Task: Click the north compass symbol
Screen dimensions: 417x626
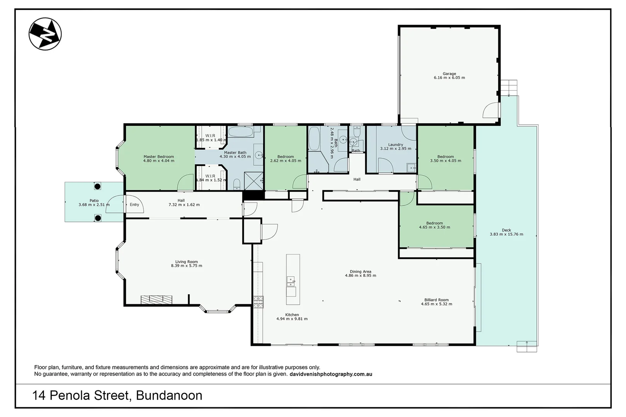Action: pyautogui.click(x=45, y=34)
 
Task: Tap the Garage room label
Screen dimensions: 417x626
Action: pyautogui.click(x=449, y=73)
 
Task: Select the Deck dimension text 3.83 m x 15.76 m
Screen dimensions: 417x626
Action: pyautogui.click(x=506, y=234)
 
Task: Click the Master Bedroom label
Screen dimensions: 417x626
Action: pyautogui.click(x=158, y=157)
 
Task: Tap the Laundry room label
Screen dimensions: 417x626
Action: pyautogui.click(x=396, y=144)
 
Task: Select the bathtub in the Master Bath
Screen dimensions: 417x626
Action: pyautogui.click(x=240, y=132)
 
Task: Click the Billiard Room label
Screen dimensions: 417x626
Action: pyautogui.click(x=436, y=300)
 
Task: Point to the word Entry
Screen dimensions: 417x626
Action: pyautogui.click(x=134, y=205)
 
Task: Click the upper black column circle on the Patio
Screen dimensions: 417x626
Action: pyautogui.click(x=97, y=186)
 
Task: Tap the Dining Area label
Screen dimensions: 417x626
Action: pyautogui.click(x=360, y=271)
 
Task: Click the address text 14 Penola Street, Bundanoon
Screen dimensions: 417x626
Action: pyautogui.click(x=117, y=395)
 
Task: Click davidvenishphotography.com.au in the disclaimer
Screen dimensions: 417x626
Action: pyautogui.click(x=330, y=374)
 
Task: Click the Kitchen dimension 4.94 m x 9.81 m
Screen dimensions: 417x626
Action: pyautogui.click(x=292, y=319)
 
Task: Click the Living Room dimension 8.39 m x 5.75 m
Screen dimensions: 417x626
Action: pyautogui.click(x=186, y=266)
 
